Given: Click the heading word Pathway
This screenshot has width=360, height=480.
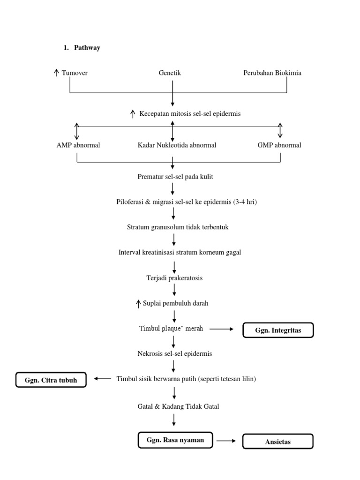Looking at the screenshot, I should tap(87, 48).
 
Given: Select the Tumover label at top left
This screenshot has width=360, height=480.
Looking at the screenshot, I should tap(75, 73).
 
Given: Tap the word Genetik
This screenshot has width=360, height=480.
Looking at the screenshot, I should tap(170, 73).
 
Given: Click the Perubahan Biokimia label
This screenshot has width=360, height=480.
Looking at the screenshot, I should tap(272, 73).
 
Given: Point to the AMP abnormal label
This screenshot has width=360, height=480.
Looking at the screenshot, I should tap(78, 145).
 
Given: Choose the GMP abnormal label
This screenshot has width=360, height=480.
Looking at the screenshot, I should tap(279, 145).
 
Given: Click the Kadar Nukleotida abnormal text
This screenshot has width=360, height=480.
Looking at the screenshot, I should tap(177, 145).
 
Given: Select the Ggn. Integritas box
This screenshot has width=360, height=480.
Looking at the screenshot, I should tap(277, 330).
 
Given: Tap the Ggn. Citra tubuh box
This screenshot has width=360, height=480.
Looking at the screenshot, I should tap(51, 380).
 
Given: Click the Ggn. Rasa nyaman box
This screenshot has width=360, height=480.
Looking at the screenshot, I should tap(175, 440).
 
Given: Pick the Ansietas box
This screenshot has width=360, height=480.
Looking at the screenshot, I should tap(277, 442).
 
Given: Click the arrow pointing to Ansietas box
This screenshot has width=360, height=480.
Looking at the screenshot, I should tap(227, 441).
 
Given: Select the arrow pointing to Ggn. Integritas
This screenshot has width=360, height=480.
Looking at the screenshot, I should tap(221, 330).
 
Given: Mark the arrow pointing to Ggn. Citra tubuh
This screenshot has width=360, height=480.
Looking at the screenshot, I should tap(102, 379).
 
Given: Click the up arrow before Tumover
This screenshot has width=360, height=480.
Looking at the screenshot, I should tap(56, 73).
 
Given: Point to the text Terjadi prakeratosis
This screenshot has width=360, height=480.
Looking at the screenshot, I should tap(174, 278).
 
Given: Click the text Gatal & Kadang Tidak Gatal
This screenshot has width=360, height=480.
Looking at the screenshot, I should tap(175, 406).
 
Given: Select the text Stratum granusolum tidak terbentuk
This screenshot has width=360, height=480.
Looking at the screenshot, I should tap(178, 227).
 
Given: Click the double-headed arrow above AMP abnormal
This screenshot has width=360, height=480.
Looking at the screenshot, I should tap(77, 131).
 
